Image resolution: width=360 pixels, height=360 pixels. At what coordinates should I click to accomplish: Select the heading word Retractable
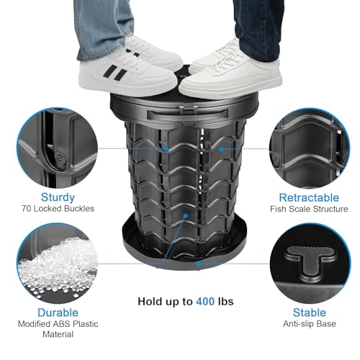pos(309,196)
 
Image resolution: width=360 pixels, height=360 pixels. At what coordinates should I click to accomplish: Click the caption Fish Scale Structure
pos(309,209)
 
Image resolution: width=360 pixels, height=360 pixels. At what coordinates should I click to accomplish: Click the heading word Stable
pos(309,312)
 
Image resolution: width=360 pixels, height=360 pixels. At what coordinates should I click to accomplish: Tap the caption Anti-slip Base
pos(309,325)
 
